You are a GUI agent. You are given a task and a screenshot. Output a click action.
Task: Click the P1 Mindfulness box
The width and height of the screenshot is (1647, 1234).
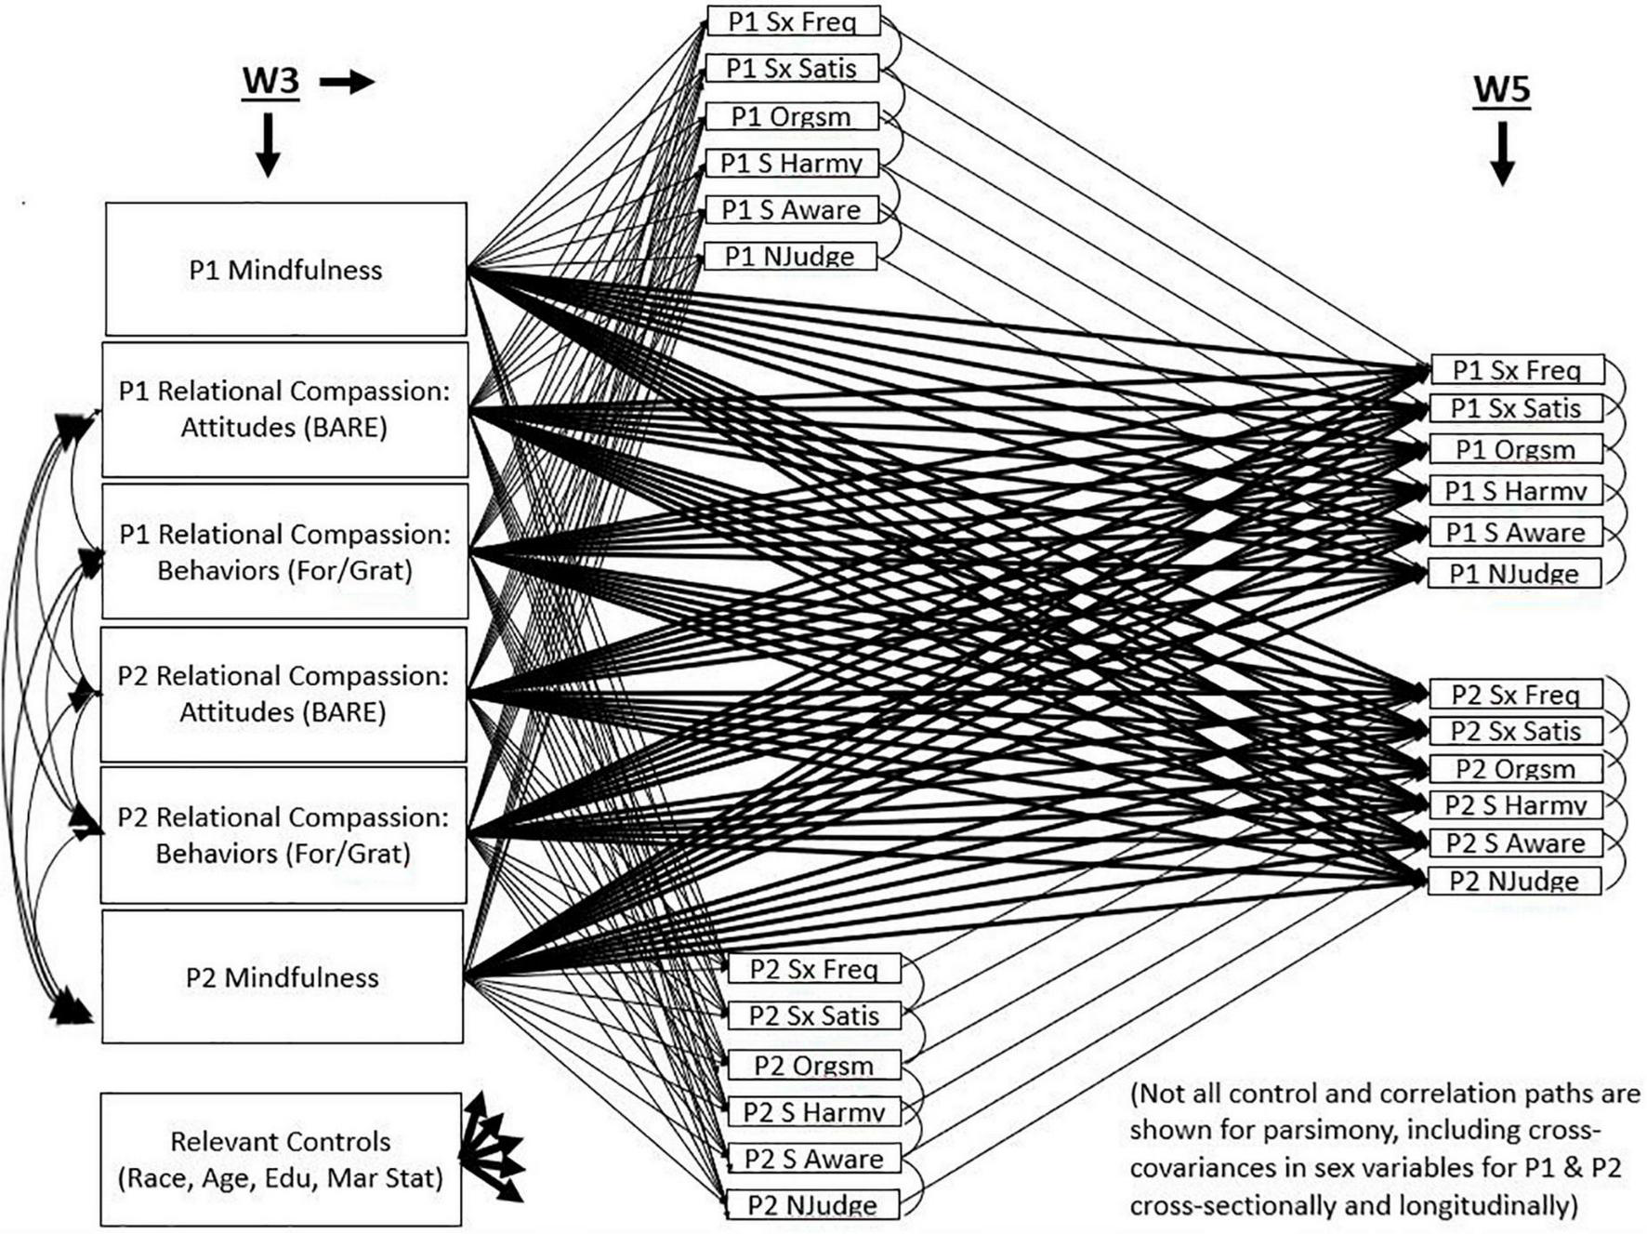(285, 270)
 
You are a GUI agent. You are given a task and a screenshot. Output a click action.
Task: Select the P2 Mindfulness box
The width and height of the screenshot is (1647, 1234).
(282, 976)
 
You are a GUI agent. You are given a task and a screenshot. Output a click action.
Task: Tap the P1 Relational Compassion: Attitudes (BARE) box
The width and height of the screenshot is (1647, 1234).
(284, 409)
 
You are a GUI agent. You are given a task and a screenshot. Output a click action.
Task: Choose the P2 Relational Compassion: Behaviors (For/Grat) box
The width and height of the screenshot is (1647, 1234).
(283, 834)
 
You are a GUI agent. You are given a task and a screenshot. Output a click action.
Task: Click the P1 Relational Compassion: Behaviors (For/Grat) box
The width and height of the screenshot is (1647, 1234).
(284, 551)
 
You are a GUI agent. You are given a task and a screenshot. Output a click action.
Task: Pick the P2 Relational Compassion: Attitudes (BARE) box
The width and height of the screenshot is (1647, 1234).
(283, 694)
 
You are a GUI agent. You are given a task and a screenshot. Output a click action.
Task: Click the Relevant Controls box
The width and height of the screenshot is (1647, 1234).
(281, 1159)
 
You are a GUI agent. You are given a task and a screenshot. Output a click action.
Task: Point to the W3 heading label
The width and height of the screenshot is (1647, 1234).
(270, 81)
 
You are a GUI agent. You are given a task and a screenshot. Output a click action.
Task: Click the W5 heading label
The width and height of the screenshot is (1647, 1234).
(1501, 90)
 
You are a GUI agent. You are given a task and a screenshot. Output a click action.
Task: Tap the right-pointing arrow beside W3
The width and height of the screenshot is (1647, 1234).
(347, 83)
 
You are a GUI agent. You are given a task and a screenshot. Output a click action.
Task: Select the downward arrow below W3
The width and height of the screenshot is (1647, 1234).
(268, 144)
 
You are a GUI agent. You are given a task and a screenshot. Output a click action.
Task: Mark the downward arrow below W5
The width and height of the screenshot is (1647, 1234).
(1502, 153)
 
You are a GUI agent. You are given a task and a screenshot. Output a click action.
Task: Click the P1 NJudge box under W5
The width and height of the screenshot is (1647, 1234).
(1513, 574)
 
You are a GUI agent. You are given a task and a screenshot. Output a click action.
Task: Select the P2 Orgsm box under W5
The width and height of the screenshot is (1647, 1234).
(1515, 769)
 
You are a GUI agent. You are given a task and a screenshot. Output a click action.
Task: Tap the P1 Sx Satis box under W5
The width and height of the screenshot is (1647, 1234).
(1515, 408)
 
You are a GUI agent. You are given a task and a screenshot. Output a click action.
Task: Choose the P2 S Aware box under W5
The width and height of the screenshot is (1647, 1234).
(1515, 843)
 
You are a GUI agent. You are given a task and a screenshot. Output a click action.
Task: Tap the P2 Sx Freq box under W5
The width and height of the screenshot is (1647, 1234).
(1515, 695)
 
